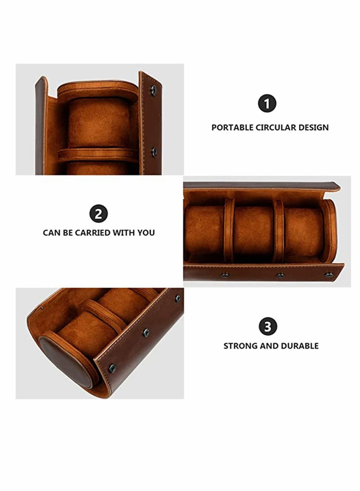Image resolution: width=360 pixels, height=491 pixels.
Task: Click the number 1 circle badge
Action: [267, 104]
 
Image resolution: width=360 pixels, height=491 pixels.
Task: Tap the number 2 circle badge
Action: [99, 214]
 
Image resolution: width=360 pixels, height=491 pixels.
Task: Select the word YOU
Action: [146, 233]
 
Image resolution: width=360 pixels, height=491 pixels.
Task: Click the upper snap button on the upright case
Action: [153, 90]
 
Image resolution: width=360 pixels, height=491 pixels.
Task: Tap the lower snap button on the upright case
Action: [154, 152]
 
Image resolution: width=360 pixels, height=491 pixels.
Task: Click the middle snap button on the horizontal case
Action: [280, 275]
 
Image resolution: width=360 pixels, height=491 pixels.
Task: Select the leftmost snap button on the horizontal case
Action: [225, 275]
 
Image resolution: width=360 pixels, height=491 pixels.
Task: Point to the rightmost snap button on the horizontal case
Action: [329, 275]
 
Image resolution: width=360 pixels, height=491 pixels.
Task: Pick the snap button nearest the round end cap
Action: [112, 368]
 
